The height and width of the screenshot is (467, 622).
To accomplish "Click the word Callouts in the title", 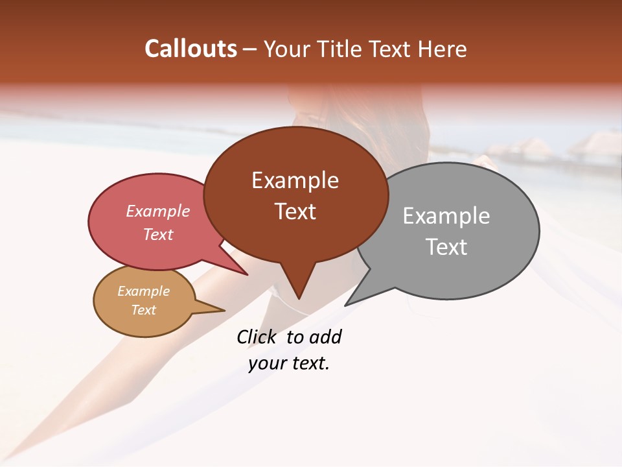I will click(x=190, y=49).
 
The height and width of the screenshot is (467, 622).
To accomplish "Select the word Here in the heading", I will click(x=442, y=49).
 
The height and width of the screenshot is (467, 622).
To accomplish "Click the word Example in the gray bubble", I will click(x=446, y=216).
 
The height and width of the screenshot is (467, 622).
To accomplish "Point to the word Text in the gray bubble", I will click(x=447, y=247).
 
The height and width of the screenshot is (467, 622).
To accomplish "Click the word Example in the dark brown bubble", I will click(x=295, y=180).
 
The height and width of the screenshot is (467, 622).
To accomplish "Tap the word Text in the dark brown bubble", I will click(x=295, y=211).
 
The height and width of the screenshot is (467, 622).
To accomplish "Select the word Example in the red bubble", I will click(x=158, y=211).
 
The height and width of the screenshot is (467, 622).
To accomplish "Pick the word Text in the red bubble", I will click(x=157, y=234).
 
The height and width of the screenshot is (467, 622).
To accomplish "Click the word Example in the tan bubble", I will click(x=143, y=291).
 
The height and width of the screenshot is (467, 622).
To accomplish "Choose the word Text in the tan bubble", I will click(x=143, y=310).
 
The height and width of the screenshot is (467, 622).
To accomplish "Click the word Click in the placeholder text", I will click(x=256, y=337).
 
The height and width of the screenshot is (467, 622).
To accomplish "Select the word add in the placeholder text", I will click(x=325, y=337).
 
